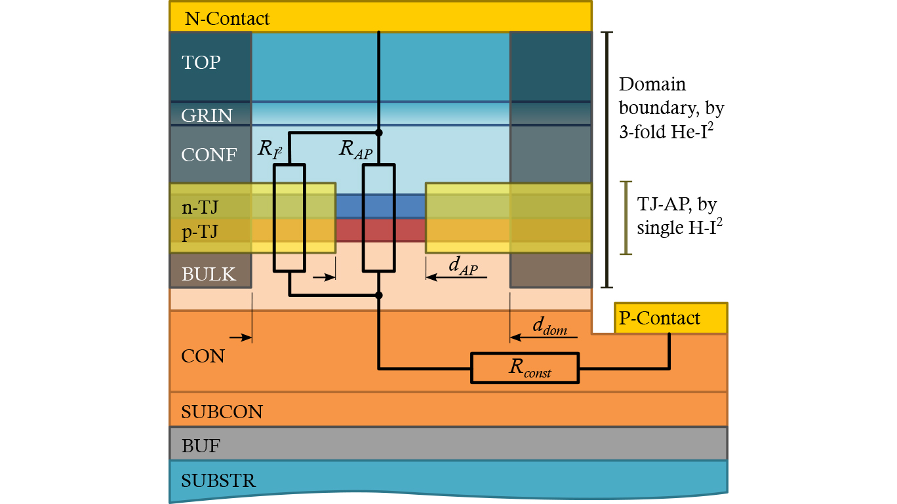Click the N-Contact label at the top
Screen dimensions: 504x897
pos(227,18)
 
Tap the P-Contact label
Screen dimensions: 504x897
pos(660,319)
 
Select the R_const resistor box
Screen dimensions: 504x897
pos(525,368)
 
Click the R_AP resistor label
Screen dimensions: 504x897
pos(355,149)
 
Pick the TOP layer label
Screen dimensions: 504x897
pos(201,62)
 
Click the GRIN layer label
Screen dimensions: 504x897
pos(207,115)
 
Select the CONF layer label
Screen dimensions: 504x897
pos(209,155)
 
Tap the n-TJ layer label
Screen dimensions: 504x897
pos(200,208)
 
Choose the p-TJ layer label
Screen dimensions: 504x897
pos(200,232)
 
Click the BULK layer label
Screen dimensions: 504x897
pos(209,274)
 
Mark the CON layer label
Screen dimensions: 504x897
pos(203,357)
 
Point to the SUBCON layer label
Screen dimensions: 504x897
pos(222,412)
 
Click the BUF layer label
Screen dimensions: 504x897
pos(201,446)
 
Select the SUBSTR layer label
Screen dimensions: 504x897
pos(218,482)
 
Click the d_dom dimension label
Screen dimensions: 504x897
pos(549,326)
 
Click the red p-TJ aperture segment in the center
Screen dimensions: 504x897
pos(348,229)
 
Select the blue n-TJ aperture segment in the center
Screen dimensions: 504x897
pos(348,206)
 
